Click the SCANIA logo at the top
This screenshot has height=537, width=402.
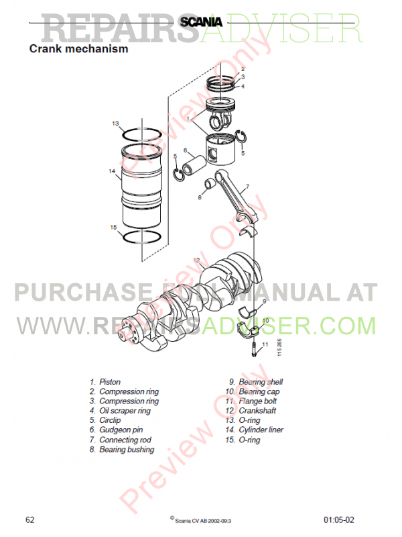(x=201, y=22)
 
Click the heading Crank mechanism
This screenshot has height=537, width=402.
(x=78, y=48)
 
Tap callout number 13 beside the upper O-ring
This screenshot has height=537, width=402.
(x=115, y=124)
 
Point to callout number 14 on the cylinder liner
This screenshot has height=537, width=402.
(x=112, y=171)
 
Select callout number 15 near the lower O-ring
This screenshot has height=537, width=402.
(x=113, y=228)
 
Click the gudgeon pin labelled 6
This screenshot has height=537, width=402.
(x=194, y=165)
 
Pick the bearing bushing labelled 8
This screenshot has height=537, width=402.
(x=210, y=183)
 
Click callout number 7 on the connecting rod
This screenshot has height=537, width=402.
(x=247, y=187)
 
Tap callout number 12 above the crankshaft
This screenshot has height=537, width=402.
(x=196, y=260)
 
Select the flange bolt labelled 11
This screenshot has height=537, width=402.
(x=255, y=350)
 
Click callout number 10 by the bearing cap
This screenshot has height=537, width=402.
(x=265, y=321)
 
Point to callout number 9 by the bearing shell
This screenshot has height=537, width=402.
(x=264, y=301)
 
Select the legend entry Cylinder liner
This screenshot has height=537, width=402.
(x=255, y=430)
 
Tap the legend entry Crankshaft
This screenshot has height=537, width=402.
(x=251, y=411)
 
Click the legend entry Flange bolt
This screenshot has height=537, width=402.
(x=251, y=401)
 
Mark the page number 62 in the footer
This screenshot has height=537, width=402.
(x=30, y=520)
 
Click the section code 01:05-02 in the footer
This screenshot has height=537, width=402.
(x=339, y=520)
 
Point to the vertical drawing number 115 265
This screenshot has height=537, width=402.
(x=279, y=347)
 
